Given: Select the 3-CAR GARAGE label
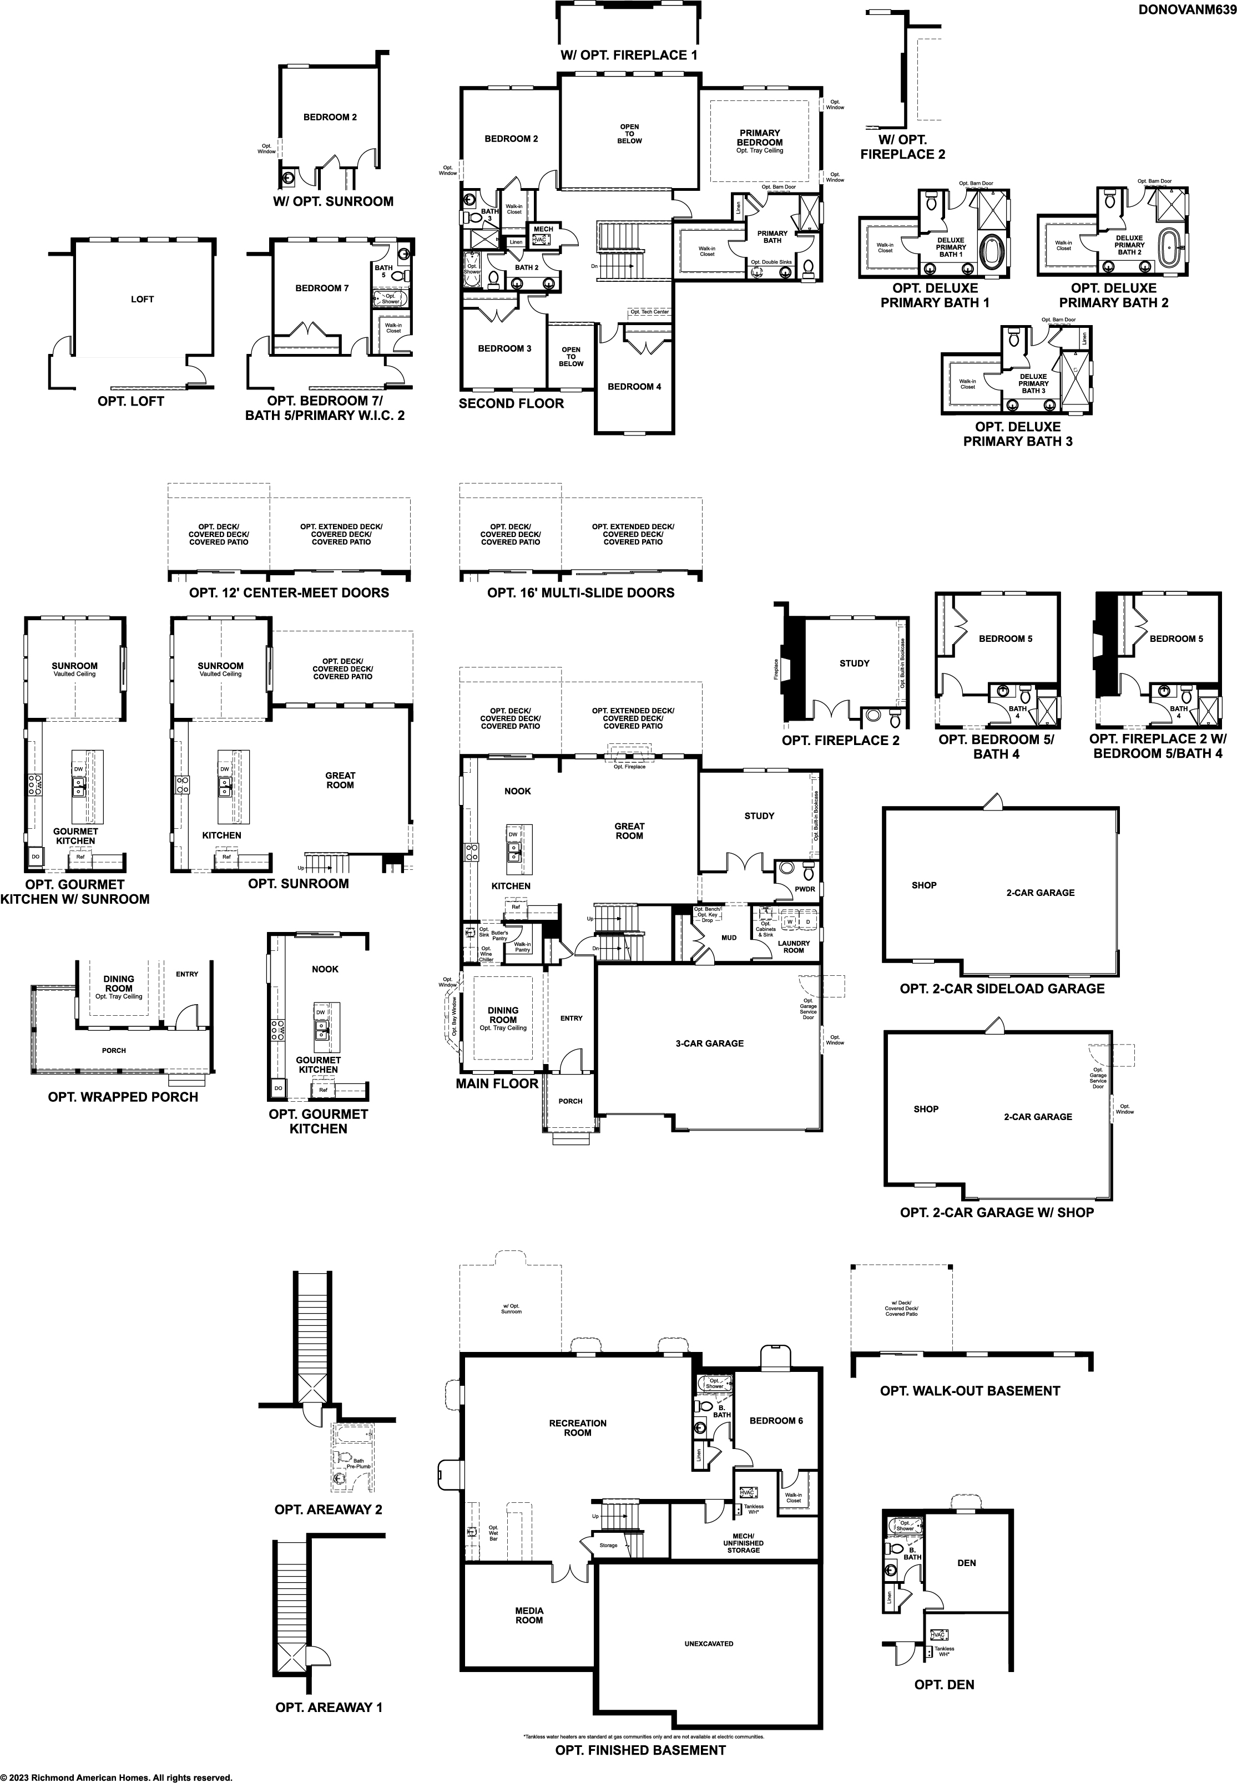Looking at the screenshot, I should coord(709,1043).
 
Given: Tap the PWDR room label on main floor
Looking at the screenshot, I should coord(805,889).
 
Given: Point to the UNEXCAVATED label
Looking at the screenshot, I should coord(709,1637).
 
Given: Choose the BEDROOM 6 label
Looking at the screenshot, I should coord(776,1420).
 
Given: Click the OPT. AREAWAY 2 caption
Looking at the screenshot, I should coord(328,1510).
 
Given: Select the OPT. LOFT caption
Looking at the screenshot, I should coord(131,402).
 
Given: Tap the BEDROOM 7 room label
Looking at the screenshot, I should coord(322,288).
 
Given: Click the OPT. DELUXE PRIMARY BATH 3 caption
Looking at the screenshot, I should coord(1018,434).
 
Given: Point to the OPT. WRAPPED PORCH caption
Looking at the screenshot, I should coord(123,1096).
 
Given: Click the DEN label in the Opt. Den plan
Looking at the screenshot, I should coord(967,1563).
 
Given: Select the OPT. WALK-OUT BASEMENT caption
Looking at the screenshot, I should coord(970,1391).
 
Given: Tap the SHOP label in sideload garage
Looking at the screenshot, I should coord(924,885).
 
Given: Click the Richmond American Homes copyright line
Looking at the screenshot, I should coord(116,1771).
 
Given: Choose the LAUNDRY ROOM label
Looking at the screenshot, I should coord(794,947).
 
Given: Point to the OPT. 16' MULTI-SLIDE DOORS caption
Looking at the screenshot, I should coord(580,593).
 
